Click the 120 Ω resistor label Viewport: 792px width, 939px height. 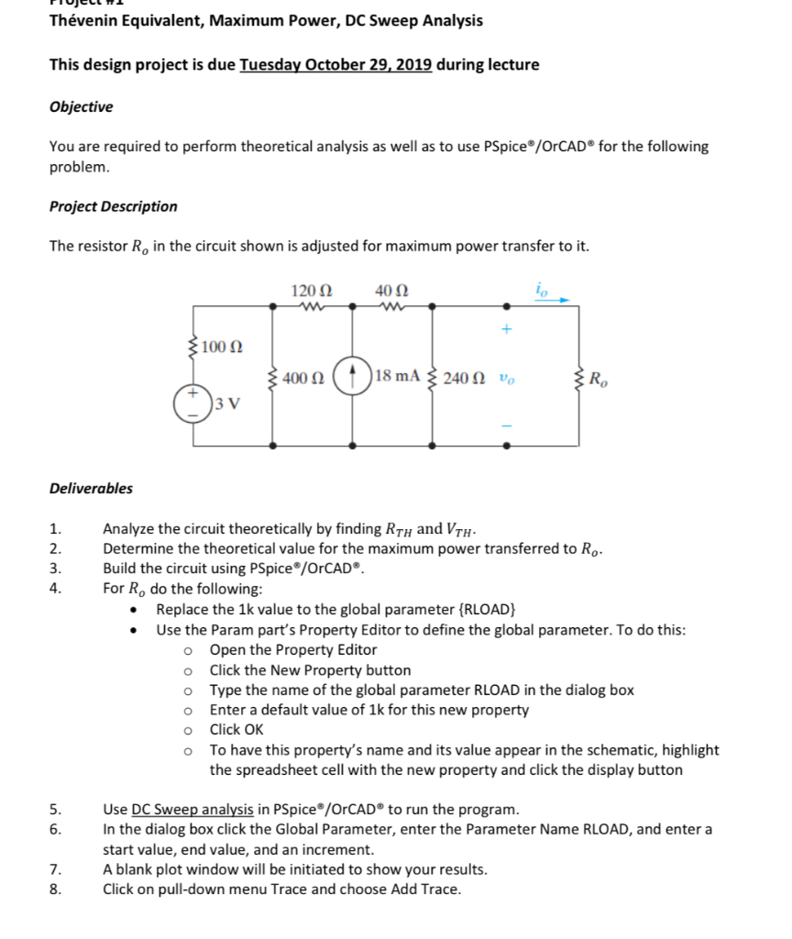311,290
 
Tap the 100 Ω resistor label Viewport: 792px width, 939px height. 221,347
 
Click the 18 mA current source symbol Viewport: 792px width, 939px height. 352,378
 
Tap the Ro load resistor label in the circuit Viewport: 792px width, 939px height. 597,378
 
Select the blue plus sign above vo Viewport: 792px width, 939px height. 505,328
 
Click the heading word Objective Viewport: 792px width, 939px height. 81,106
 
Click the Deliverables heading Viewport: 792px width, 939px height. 91,489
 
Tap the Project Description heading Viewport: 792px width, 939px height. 113,206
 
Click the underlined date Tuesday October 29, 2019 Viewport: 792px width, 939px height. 335,65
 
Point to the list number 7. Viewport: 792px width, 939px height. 55,869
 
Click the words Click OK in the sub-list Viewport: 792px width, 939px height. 236,730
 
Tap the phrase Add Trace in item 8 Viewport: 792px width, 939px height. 428,889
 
